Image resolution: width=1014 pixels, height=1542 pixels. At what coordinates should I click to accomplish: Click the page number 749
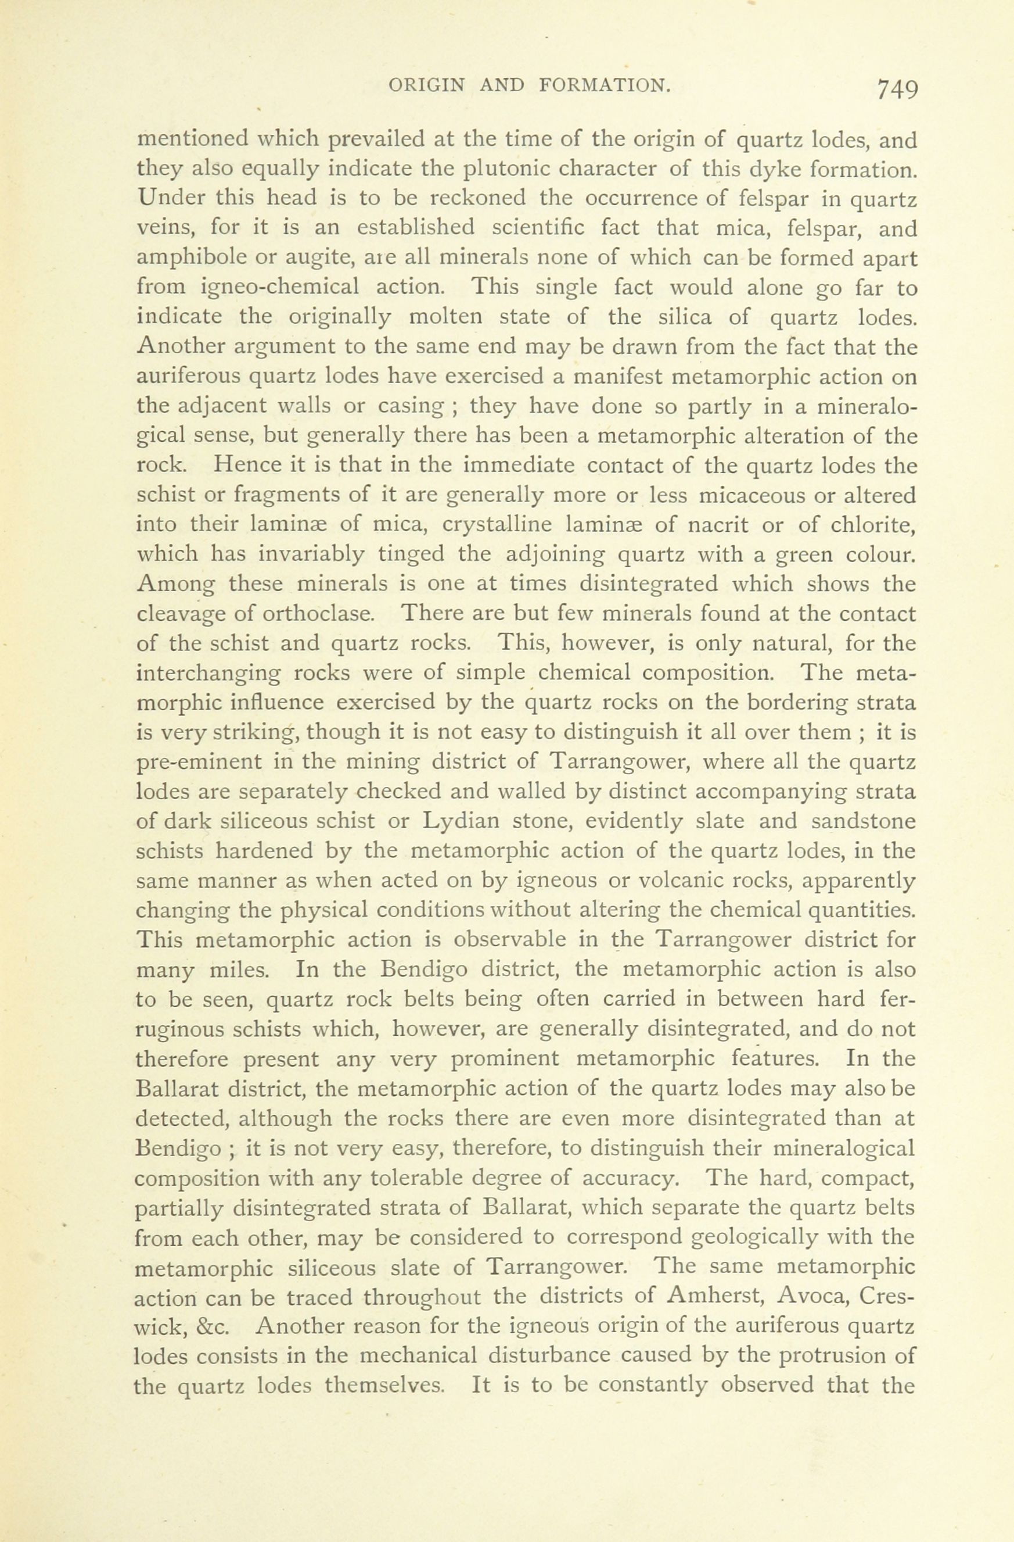click(x=897, y=89)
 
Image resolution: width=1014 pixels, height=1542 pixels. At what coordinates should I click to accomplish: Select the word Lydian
click(x=461, y=821)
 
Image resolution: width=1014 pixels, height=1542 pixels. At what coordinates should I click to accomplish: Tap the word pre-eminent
click(x=199, y=763)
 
